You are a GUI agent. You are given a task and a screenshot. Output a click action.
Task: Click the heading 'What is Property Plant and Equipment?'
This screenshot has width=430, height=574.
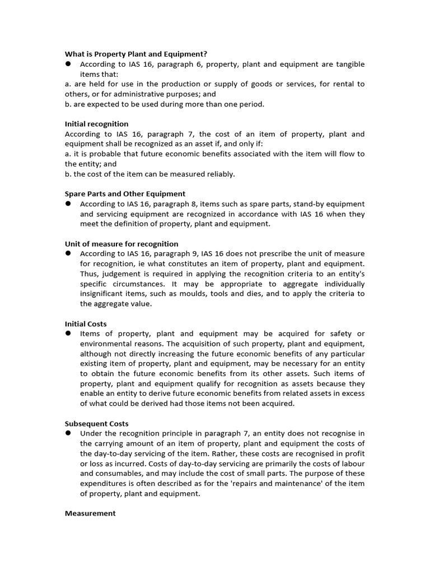click(136, 54)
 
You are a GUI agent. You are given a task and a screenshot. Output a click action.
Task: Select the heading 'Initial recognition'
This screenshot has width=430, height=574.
click(96, 124)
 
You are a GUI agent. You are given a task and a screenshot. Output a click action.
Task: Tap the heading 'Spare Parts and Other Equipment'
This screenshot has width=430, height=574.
click(125, 193)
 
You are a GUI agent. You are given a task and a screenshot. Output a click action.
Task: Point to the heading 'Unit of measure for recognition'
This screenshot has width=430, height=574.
click(121, 244)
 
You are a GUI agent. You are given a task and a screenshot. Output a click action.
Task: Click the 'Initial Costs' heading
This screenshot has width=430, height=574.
click(86, 324)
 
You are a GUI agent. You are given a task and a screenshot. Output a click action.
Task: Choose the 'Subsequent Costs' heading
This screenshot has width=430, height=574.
click(96, 424)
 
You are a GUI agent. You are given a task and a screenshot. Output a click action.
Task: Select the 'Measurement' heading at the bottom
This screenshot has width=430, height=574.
click(90, 513)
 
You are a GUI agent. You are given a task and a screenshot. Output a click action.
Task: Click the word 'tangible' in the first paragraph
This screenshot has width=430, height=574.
click(349, 64)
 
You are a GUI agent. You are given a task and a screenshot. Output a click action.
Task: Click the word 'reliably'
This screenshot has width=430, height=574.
click(219, 174)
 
